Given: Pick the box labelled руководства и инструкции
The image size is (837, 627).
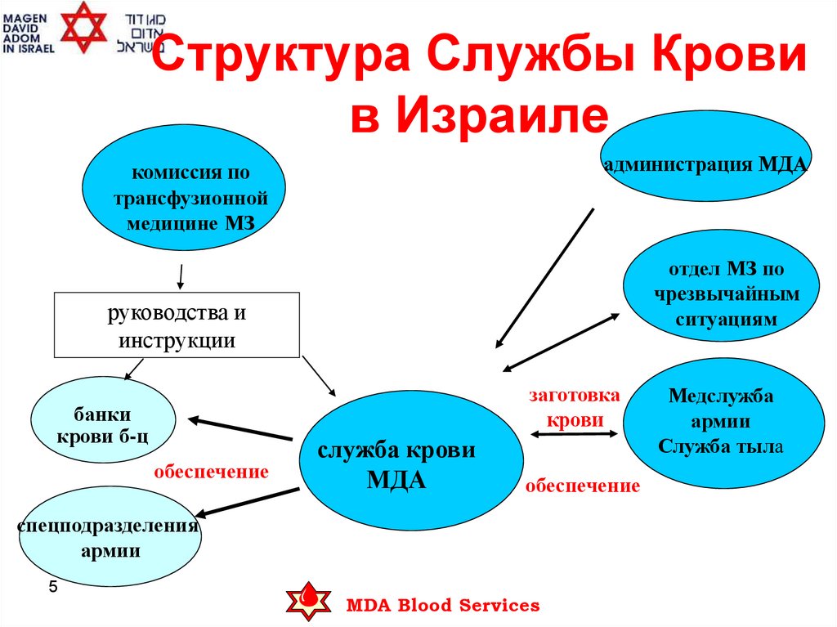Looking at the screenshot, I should pyautogui.click(x=177, y=325).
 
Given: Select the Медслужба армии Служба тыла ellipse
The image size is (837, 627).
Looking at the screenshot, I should pyautogui.click(x=721, y=422).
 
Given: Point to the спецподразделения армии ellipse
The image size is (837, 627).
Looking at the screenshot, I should pyautogui.click(x=110, y=537).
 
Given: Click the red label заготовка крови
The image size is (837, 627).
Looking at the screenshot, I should pyautogui.click(x=575, y=407).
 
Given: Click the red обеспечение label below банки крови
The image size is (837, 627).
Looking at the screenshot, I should pyautogui.click(x=212, y=472).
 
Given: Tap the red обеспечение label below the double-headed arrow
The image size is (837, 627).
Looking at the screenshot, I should pyautogui.click(x=582, y=486).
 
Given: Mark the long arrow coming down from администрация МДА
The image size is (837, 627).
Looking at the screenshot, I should pyautogui.click(x=544, y=277).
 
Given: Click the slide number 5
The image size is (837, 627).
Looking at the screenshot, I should pyautogui.click(x=54, y=587).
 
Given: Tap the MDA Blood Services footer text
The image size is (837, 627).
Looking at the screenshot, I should pyautogui.click(x=443, y=606).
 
